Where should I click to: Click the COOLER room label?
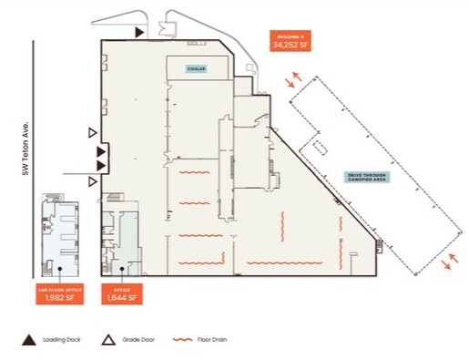point(195,68)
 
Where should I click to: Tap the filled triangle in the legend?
point(28,341)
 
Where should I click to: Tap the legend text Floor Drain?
point(213,341)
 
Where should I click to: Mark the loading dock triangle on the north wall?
point(139,32)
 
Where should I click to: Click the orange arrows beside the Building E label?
point(291,81)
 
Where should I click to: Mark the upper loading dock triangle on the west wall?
point(102,150)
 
